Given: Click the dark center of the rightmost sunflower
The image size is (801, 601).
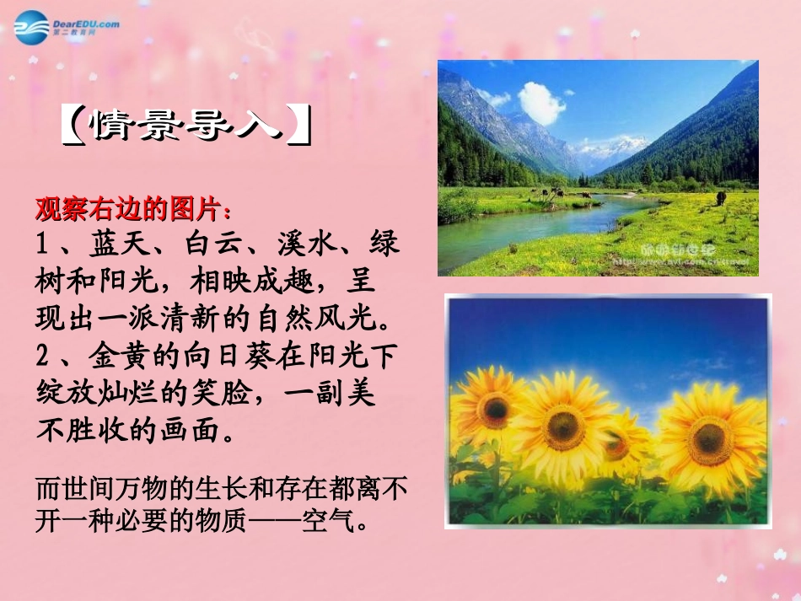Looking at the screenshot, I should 711,439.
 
